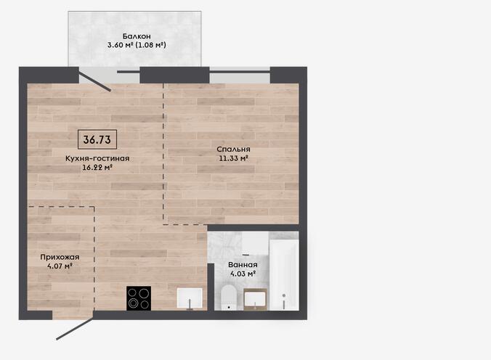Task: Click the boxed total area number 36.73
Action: click(97, 139)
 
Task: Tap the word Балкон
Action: click(137, 36)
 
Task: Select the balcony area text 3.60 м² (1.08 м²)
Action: click(137, 45)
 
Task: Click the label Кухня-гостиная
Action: click(97, 158)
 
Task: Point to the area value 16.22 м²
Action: click(97, 168)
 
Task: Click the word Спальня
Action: click(233, 150)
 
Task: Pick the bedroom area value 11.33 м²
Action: click(233, 158)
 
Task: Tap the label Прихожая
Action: click(60, 258)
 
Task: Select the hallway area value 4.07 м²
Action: click(60, 266)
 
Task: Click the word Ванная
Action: click(243, 265)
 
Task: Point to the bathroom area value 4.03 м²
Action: click(243, 274)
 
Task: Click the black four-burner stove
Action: click(139, 298)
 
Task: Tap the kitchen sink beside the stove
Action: click(190, 298)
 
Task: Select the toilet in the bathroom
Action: click(229, 297)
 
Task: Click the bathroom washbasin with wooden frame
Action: click(255, 299)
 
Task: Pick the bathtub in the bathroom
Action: click(284, 274)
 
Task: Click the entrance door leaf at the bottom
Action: click(75, 329)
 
